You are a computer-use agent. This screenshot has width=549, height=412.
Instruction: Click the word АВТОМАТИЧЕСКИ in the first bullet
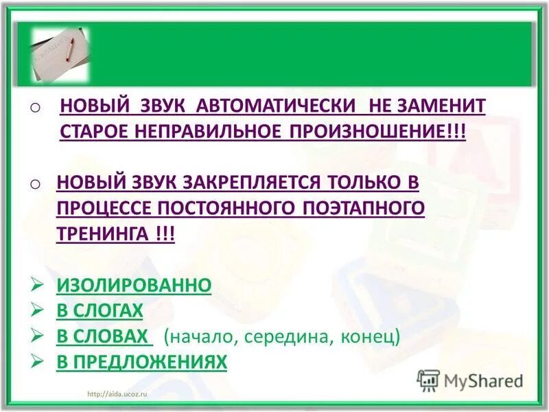coord(276,106)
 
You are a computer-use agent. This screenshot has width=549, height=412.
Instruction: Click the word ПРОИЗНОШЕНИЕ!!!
coord(379,132)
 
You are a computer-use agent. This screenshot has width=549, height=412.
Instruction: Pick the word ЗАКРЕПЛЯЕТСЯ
coord(252,182)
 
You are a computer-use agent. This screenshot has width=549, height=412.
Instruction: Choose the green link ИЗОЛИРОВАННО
coord(134,285)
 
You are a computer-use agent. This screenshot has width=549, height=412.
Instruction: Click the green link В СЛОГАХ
coord(100,310)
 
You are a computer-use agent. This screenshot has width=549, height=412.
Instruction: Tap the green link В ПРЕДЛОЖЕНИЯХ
coord(141,362)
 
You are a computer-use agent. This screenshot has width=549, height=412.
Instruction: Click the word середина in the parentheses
coord(284,337)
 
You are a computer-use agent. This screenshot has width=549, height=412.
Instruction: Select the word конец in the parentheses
coord(371,337)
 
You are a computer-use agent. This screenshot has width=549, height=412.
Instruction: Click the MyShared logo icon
coord(428,380)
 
